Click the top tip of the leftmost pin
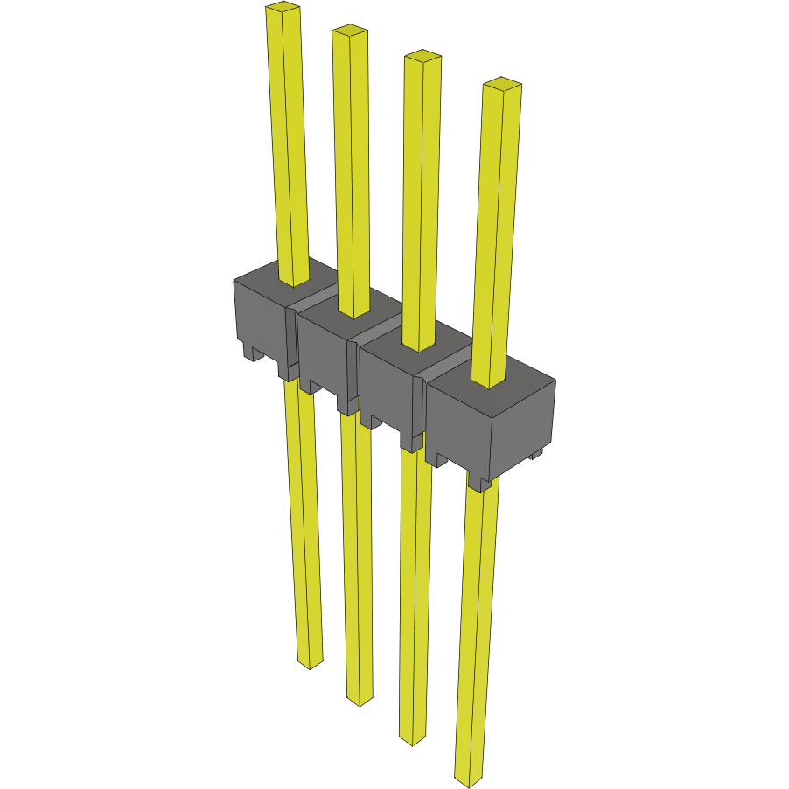pos(283,9)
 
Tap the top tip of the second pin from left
pos(348,31)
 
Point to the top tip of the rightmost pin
pos(502,84)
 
